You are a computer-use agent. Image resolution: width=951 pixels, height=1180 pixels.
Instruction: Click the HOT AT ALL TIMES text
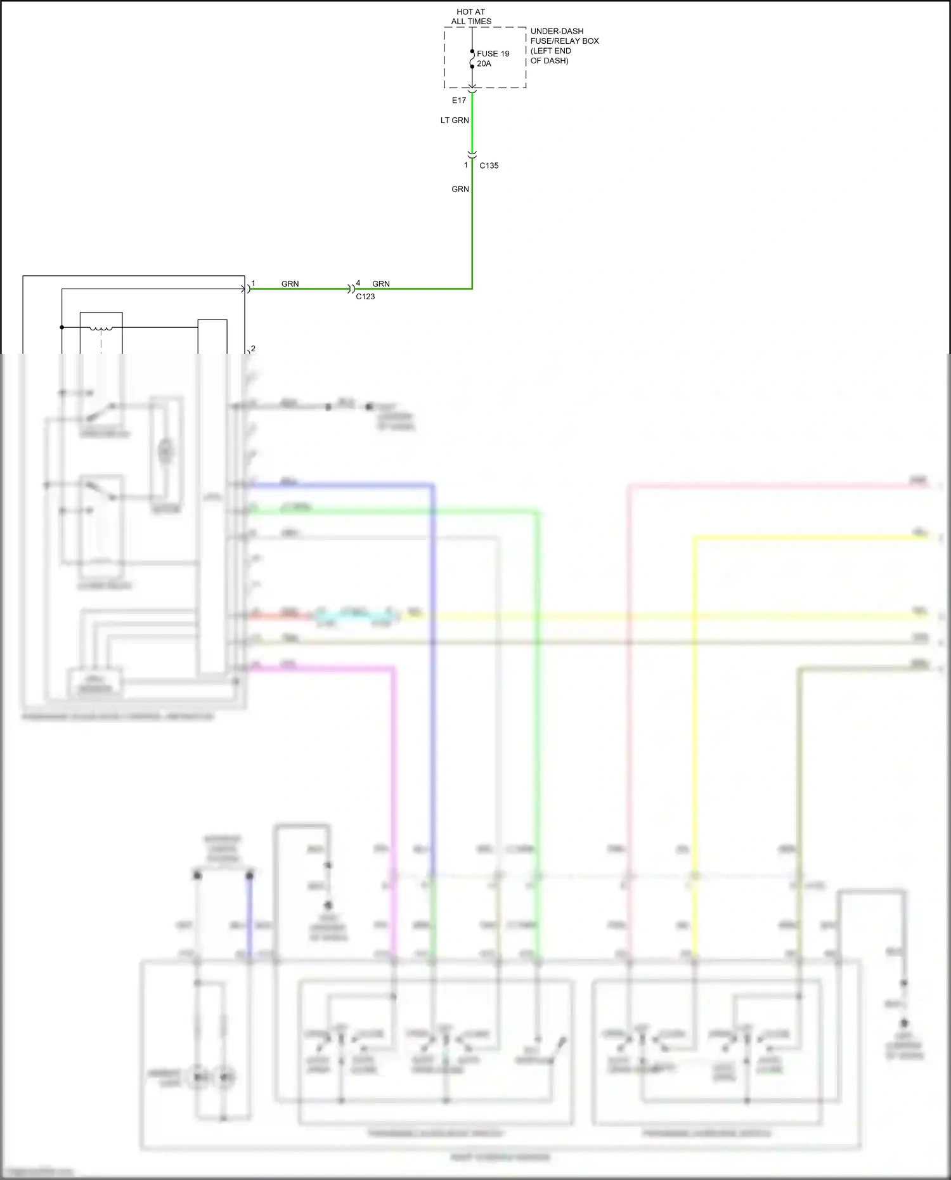471,16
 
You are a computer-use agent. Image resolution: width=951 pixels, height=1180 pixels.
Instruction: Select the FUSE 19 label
493,54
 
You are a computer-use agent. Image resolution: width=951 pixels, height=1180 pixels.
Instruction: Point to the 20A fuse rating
484,63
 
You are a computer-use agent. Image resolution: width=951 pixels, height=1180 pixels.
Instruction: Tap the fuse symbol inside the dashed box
472,59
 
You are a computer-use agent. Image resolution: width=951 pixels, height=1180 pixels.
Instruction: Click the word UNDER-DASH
557,31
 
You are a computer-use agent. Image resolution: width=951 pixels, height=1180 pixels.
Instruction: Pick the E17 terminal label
459,100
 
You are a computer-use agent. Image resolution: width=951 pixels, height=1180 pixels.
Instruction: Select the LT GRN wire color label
455,120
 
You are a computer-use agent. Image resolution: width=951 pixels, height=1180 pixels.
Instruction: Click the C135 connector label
489,165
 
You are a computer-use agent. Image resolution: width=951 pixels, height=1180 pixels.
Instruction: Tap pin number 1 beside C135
466,165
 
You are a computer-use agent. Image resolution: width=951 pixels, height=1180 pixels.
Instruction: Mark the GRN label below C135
460,189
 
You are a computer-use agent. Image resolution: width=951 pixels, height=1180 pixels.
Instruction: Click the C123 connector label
365,296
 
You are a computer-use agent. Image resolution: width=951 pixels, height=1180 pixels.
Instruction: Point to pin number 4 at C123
358,283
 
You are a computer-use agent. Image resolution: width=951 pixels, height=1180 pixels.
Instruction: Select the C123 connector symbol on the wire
351,289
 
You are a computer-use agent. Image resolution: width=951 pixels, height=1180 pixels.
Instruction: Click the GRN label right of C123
381,283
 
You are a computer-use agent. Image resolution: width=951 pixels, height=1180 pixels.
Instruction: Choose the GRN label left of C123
290,283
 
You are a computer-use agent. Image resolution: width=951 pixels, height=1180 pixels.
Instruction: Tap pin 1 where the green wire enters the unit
253,283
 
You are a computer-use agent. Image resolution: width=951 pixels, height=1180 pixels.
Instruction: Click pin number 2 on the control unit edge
253,349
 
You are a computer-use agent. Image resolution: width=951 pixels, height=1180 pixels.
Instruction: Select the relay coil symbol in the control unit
101,328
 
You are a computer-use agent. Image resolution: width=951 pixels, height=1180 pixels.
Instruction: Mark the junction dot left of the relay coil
62,327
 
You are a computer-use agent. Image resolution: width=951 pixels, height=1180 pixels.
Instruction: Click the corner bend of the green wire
472,289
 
